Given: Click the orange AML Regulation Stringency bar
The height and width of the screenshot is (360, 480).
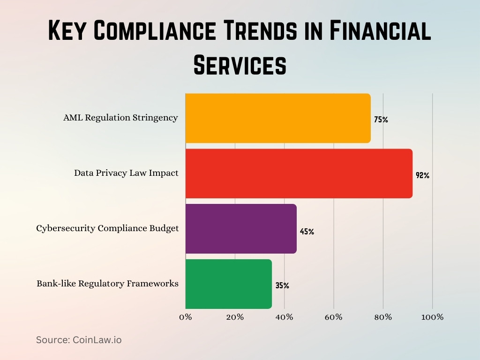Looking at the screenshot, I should (278, 118).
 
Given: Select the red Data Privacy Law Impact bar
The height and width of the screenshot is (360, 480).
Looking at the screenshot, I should (299, 173).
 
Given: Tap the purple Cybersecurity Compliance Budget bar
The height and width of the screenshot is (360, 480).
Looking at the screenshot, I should (241, 229).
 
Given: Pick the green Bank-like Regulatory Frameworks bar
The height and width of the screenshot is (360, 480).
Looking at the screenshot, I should (229, 284).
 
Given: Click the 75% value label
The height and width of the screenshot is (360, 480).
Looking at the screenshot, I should (381, 120).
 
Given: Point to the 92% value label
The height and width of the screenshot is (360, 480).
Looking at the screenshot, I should (422, 176).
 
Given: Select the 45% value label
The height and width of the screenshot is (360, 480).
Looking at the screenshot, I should (307, 232).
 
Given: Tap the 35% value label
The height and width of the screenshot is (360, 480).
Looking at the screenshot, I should (282, 285).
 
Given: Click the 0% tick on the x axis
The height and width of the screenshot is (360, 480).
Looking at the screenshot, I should (186, 317).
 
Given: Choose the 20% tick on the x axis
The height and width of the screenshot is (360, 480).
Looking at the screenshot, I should (235, 317).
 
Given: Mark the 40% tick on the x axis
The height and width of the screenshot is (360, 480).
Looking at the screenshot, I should (284, 317).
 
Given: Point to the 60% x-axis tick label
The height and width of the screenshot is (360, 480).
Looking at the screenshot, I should (334, 317).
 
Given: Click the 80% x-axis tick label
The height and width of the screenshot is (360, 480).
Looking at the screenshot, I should (383, 317).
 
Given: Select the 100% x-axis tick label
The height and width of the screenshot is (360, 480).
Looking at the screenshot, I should (432, 317).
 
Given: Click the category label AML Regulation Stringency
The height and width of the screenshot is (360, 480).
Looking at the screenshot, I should (120, 118).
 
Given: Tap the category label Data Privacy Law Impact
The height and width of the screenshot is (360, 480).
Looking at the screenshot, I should (126, 173).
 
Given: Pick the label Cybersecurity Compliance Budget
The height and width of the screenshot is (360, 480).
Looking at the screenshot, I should (107, 228).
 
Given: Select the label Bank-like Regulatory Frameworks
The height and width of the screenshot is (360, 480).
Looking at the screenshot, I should (107, 284).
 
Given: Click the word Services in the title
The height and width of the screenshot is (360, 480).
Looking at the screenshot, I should (240, 65).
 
